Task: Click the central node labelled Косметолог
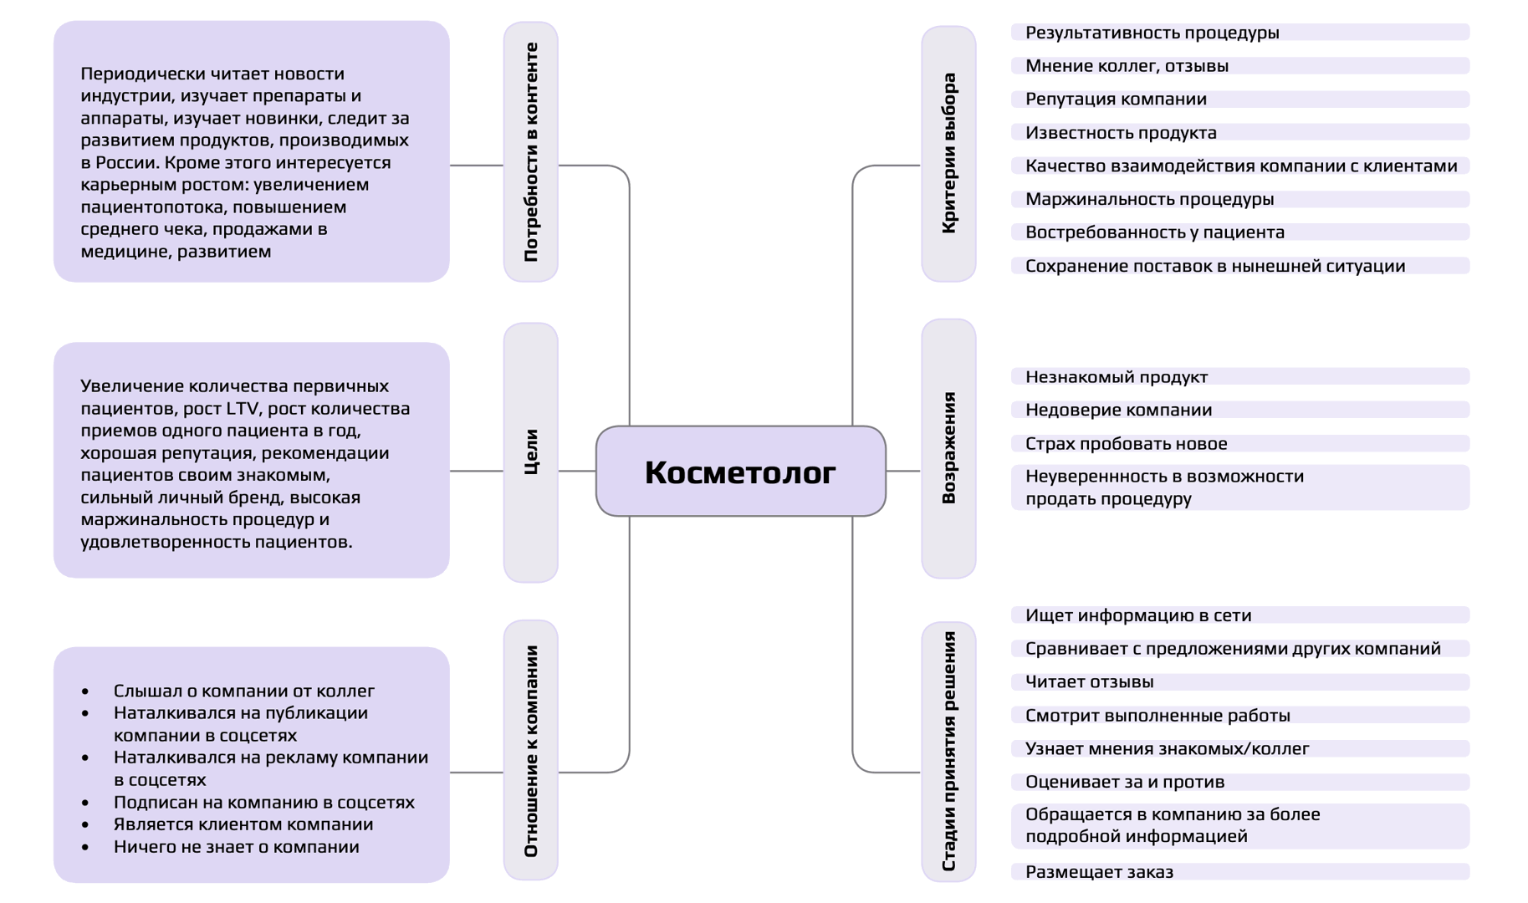click(740, 472)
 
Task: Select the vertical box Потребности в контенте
click(530, 152)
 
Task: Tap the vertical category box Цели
click(530, 452)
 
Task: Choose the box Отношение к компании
click(530, 750)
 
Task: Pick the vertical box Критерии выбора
click(948, 154)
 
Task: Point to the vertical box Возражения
click(948, 448)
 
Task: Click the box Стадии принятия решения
click(948, 751)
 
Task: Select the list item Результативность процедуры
click(1152, 33)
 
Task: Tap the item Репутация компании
click(1116, 99)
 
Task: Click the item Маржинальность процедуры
click(1149, 199)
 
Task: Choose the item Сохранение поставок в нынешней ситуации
click(1214, 266)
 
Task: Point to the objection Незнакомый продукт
click(1116, 377)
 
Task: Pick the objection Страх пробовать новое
click(1126, 444)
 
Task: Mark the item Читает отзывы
click(1089, 682)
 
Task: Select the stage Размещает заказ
click(1099, 872)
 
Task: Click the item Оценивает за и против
click(1124, 782)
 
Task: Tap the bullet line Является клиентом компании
click(243, 824)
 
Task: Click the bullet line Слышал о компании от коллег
click(243, 691)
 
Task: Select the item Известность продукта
click(1121, 133)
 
